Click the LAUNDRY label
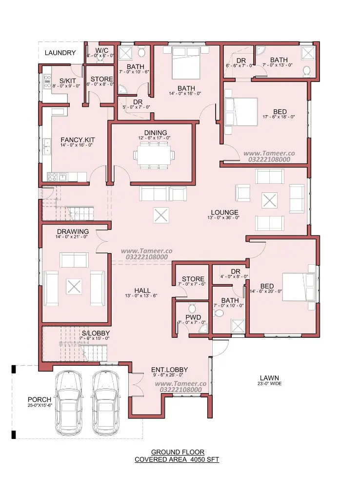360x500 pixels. [x=60, y=53]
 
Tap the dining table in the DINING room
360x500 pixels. [x=154, y=155]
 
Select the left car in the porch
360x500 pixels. [x=69, y=402]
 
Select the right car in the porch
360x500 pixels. [x=106, y=402]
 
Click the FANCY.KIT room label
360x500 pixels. [x=78, y=140]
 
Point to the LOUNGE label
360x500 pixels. [x=224, y=212]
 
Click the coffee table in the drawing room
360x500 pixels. [x=74, y=286]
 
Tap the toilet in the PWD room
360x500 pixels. [x=192, y=308]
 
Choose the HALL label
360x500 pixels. [x=142, y=291]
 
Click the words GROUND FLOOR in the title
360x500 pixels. [x=178, y=452]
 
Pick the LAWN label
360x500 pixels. [x=269, y=378]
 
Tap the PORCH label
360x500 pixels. [x=40, y=399]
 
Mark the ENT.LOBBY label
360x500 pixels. [x=169, y=370]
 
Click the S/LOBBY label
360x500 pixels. [x=96, y=333]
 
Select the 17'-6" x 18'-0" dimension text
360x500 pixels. [x=279, y=117]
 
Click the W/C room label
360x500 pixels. [x=102, y=50]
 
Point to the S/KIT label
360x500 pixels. [x=67, y=81]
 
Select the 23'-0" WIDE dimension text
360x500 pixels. [x=269, y=384]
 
